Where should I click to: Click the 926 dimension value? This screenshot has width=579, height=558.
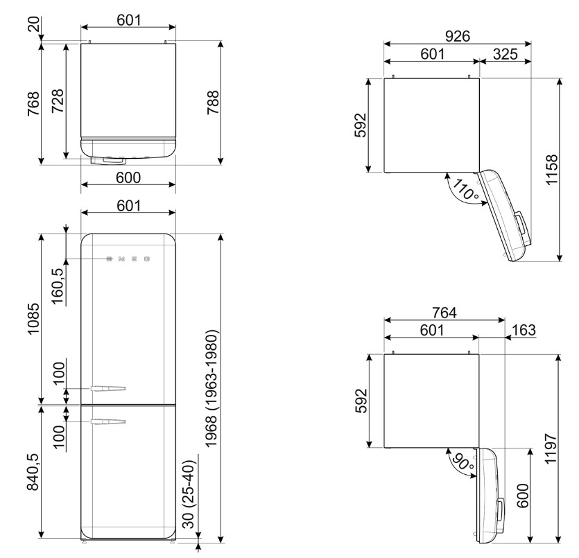(x=457, y=36)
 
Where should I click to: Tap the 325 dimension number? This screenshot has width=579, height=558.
(x=505, y=54)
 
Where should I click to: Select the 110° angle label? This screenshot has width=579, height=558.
(x=465, y=190)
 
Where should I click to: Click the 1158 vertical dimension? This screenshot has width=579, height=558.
(x=551, y=170)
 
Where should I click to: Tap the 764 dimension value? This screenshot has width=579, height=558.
(x=444, y=312)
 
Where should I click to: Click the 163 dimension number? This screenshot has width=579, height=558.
(x=524, y=329)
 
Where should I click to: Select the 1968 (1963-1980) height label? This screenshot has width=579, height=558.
(x=211, y=389)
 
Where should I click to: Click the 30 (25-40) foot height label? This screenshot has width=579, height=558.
(x=189, y=494)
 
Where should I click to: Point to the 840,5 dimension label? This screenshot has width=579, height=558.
(x=33, y=472)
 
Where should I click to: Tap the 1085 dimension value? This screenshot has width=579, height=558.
(x=33, y=319)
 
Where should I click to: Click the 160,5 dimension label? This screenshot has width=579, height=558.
(x=58, y=286)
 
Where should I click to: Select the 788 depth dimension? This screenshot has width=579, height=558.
(x=213, y=102)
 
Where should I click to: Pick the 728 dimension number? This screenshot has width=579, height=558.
(x=58, y=101)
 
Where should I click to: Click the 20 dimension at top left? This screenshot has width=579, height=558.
(x=33, y=25)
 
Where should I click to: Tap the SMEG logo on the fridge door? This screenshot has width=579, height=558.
(x=128, y=259)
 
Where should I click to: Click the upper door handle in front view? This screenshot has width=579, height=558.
(x=108, y=388)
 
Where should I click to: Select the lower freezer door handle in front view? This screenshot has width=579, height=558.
(x=108, y=421)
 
